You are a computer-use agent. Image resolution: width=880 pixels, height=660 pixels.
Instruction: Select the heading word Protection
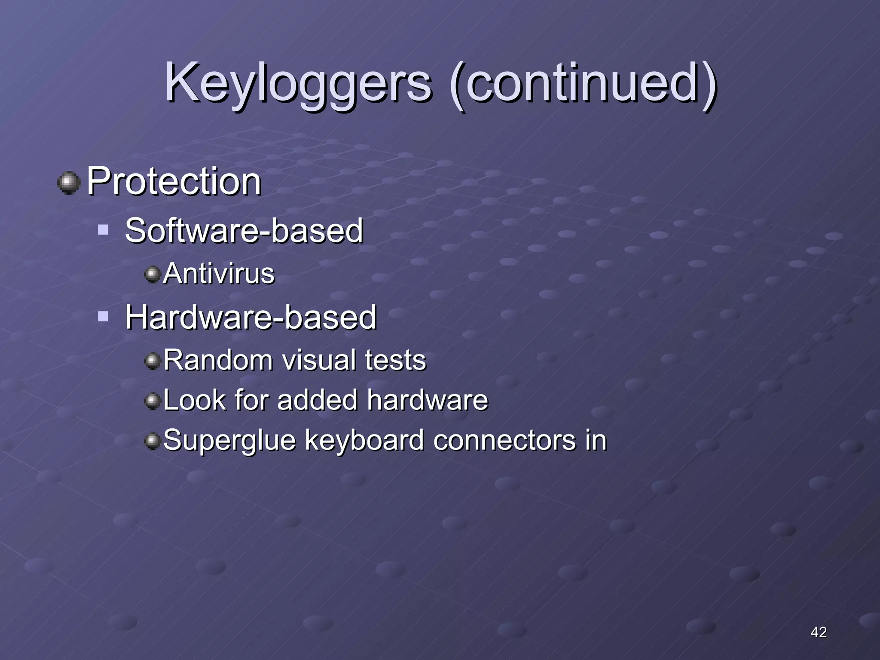coord(174,181)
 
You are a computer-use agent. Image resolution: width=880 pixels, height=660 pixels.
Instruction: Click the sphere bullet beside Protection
coord(69,183)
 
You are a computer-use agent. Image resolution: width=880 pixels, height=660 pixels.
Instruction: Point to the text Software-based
coord(244,231)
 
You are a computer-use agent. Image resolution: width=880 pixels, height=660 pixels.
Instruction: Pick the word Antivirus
coord(219,274)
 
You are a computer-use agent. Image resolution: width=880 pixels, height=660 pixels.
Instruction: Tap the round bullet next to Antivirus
coord(152,274)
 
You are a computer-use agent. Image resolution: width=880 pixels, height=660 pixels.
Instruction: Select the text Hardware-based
coord(251,318)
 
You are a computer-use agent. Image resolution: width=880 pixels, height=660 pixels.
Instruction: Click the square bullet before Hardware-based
coord(103,317)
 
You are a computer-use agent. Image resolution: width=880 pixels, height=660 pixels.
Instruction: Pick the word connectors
coord(504,441)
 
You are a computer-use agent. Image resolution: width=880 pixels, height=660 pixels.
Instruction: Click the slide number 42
coord(818,632)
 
